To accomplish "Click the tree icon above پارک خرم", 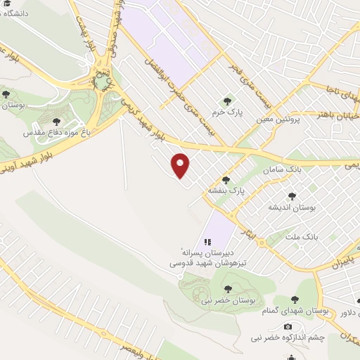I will click(226, 100).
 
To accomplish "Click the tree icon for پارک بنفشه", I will click(226, 179).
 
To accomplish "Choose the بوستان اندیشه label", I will click(291, 207).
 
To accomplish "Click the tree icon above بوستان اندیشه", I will click(292, 196).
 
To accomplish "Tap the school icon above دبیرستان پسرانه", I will click(209, 240).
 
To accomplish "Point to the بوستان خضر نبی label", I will click(229, 300).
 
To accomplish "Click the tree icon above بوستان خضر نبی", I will click(228, 289).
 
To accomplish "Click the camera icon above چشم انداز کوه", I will click(288, 327).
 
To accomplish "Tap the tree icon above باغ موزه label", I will click(56, 121).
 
